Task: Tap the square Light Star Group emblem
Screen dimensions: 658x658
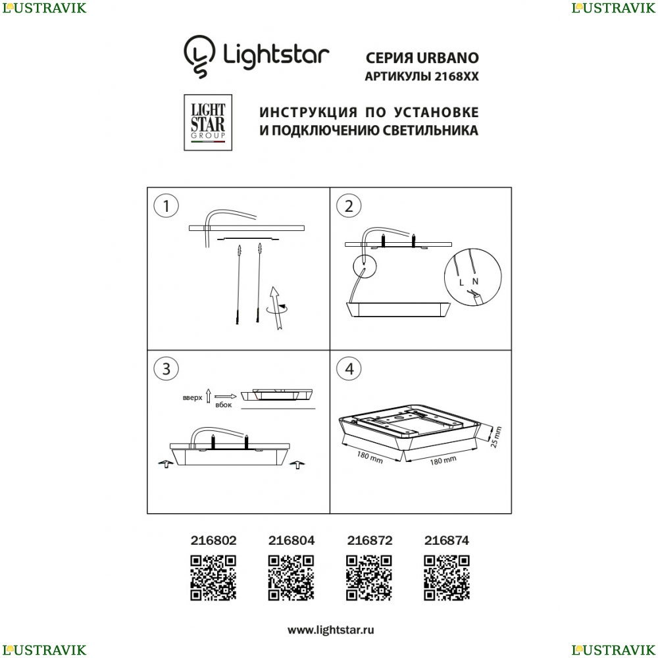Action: point(208,122)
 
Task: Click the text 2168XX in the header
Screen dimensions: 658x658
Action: point(456,76)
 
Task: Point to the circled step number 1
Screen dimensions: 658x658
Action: point(166,206)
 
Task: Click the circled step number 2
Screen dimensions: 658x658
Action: point(349,206)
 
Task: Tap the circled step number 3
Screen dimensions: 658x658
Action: point(166,369)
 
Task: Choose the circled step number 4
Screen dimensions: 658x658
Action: point(349,369)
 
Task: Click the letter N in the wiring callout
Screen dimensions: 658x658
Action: point(475,282)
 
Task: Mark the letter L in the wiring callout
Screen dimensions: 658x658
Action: point(462,283)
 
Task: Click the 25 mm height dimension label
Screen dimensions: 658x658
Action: point(496,437)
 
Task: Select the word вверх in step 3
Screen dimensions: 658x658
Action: point(193,398)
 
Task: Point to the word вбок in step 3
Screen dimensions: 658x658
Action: point(223,405)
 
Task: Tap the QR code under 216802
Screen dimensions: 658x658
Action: point(213,578)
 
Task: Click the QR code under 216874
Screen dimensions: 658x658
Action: point(447,578)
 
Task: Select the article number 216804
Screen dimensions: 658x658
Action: point(291,540)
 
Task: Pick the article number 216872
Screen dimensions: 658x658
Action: point(370,540)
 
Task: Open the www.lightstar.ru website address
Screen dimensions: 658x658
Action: point(331,630)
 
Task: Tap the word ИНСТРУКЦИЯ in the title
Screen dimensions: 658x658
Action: point(309,113)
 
